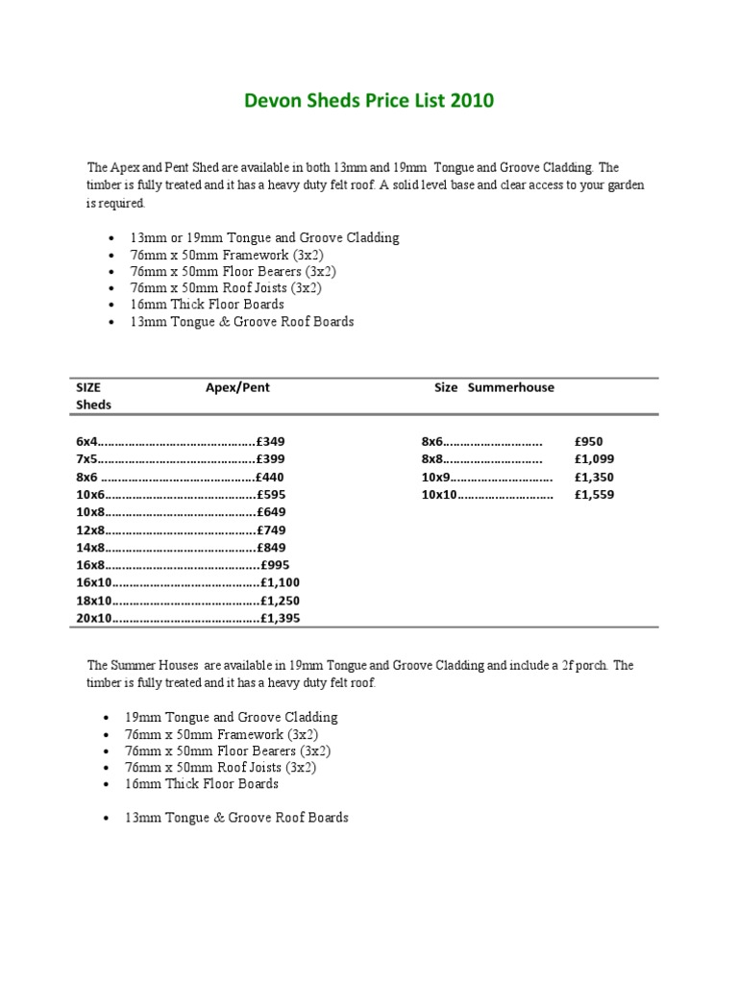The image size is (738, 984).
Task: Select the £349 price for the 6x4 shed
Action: point(270,441)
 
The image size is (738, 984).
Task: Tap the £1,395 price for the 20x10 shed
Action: point(281,618)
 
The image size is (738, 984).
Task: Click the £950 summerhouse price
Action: point(588,441)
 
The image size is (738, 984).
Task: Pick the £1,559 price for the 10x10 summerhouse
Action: point(594,495)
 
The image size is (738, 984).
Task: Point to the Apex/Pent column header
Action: point(237,387)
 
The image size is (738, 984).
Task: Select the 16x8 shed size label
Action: point(89,565)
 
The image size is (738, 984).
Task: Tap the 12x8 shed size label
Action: point(89,529)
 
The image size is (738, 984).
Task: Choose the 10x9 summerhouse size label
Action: point(435,477)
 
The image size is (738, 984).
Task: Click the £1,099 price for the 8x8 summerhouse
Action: point(594,459)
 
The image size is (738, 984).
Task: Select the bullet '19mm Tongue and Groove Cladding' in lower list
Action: point(231,717)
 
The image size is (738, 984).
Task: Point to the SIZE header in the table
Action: point(88,387)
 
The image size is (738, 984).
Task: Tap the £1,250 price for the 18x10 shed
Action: point(281,601)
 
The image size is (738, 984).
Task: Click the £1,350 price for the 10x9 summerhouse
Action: point(594,477)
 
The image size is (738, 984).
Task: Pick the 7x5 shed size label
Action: point(86,459)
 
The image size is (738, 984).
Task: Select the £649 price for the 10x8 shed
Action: point(270,512)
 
